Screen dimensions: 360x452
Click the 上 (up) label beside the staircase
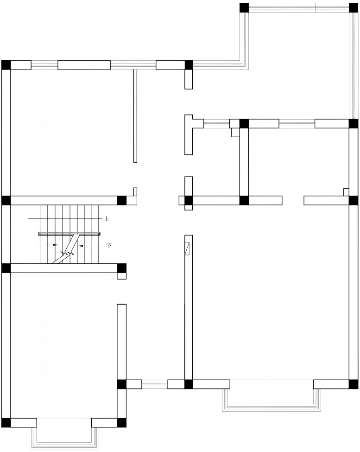point(107,219)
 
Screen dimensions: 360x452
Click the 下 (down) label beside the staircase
point(109,245)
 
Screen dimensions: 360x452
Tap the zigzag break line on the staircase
point(69,249)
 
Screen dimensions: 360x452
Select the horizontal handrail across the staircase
point(69,234)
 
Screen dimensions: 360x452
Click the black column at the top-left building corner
point(6,65)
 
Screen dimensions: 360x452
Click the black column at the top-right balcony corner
point(354,8)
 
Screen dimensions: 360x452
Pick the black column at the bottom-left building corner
point(6,423)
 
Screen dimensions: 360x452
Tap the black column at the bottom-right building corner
point(354,384)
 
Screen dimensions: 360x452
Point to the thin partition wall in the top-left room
point(135,116)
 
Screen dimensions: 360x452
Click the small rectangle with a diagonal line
point(188,248)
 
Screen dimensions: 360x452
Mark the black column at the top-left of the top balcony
point(244,8)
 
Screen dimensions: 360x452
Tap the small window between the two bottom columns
point(155,384)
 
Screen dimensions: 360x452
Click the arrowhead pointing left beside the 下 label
point(80,246)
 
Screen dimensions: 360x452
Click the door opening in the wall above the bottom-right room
point(293,200)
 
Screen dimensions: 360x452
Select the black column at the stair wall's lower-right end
point(121,268)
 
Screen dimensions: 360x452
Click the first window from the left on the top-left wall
point(44,65)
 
